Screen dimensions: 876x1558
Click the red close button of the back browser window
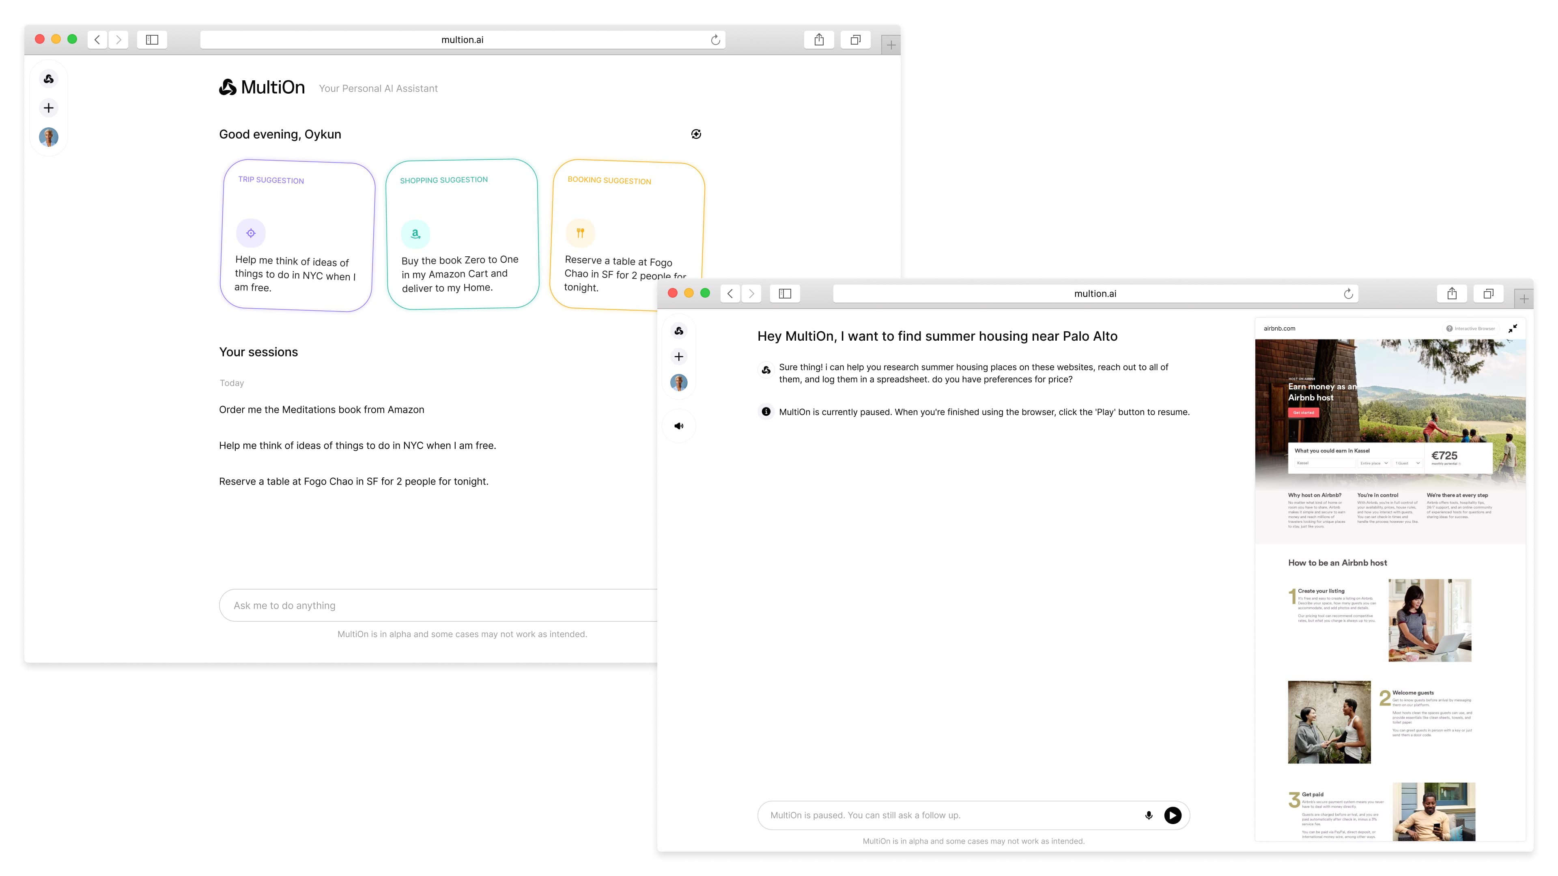pos(40,39)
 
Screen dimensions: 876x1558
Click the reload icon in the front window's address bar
pos(1348,294)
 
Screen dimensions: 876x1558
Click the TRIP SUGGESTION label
pos(271,180)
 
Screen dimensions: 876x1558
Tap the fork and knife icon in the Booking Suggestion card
pos(580,233)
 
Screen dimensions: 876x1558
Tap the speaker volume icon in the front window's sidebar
pos(679,426)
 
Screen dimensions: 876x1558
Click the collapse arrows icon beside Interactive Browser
pos(1512,328)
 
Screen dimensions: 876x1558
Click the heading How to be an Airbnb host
pos(1337,563)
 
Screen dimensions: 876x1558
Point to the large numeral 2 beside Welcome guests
pos(1384,698)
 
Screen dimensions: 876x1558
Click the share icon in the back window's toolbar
pos(819,40)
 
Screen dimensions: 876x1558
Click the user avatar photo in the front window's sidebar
pos(679,382)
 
